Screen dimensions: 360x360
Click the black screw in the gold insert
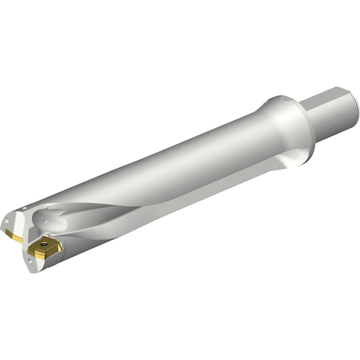click(44, 244)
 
